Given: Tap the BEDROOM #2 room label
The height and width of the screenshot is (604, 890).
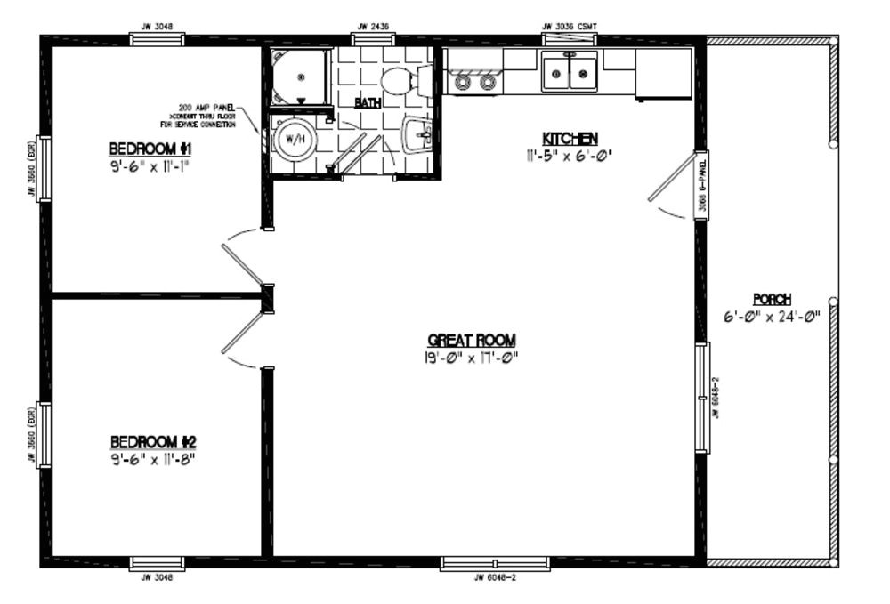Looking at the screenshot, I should [153, 442].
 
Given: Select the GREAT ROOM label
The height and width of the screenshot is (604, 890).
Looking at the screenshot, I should [472, 341].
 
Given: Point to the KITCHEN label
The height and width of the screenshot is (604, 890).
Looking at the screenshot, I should [570, 139].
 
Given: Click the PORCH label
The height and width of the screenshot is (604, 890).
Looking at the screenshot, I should [772, 300].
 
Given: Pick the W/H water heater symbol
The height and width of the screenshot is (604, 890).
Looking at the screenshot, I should [291, 138].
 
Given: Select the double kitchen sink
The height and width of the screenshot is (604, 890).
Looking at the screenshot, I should [569, 73].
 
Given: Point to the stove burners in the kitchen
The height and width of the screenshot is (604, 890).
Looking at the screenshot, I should [474, 82].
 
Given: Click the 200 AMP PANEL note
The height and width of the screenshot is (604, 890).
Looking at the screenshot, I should [206, 116].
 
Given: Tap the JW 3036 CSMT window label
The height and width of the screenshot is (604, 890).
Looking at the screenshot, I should [570, 27].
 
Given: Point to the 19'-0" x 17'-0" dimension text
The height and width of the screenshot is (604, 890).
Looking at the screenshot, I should [472, 358].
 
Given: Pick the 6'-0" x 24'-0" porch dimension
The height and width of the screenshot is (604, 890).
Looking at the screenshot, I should [772, 317].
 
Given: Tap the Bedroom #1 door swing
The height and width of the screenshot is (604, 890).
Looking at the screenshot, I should [242, 262].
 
